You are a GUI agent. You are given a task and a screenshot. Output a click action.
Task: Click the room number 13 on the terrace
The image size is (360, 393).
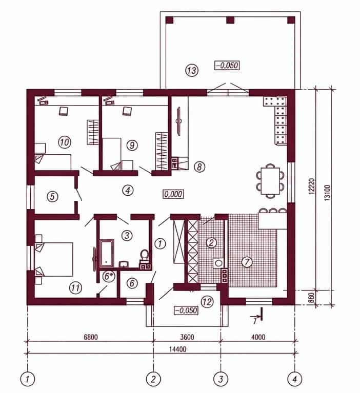(x=192, y=70)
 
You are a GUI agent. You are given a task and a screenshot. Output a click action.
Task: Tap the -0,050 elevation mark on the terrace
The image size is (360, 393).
(x=227, y=66)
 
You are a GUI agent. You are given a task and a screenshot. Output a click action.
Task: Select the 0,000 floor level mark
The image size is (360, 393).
(x=173, y=194)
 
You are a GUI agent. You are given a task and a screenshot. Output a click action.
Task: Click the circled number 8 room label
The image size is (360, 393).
(x=199, y=167)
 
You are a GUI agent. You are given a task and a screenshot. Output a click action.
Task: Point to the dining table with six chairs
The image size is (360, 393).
(x=270, y=181)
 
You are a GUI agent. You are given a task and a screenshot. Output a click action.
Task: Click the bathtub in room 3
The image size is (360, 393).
(x=107, y=253)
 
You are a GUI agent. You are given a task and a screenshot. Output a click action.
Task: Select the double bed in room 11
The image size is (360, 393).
(x=54, y=259)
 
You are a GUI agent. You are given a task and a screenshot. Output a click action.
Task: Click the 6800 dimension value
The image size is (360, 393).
(x=91, y=337)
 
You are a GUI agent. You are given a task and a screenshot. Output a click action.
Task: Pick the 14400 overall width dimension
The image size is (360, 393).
(x=177, y=349)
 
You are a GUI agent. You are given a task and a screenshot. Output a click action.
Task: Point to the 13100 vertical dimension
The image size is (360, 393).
(x=327, y=193)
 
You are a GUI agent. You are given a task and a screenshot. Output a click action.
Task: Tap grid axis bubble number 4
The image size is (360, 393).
(x=295, y=379)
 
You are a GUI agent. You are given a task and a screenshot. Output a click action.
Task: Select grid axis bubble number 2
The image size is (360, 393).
(x=153, y=379)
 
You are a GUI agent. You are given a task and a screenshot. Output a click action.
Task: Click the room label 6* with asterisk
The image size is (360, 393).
(x=108, y=276)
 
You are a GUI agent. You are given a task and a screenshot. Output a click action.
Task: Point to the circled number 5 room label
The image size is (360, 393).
(x=52, y=196)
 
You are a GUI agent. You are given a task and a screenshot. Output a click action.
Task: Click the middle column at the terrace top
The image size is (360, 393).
(x=230, y=20)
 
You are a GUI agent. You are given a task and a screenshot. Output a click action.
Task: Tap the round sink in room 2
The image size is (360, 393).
(x=218, y=263)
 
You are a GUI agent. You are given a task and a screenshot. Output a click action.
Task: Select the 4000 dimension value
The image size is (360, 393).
(x=258, y=337)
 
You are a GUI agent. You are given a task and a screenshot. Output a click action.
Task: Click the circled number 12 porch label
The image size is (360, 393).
(x=207, y=301)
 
